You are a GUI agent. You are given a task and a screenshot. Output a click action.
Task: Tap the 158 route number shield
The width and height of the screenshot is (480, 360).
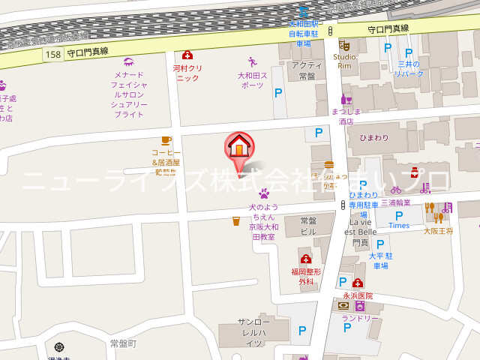click(x=52, y=54)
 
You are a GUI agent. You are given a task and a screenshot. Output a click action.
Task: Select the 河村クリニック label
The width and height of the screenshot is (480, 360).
click(x=187, y=73)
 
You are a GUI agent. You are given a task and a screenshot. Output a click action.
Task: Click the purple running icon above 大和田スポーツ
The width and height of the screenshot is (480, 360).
click(x=252, y=62)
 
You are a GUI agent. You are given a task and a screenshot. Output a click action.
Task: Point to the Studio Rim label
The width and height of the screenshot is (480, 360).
click(x=344, y=61)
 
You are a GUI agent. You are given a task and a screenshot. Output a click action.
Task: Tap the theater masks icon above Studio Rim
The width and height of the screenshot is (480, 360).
click(x=344, y=45)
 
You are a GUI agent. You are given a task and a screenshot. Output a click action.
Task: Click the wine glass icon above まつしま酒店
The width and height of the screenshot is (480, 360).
click(x=346, y=98)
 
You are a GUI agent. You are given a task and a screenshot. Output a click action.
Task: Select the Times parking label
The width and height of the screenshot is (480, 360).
click(x=399, y=225)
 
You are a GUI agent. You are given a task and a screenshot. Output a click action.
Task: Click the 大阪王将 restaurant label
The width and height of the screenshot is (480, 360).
click(x=438, y=231)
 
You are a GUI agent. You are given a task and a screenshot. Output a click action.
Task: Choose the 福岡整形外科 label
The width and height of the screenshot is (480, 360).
click(x=306, y=276)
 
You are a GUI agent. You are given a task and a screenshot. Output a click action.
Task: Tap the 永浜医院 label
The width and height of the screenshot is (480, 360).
click(x=358, y=295)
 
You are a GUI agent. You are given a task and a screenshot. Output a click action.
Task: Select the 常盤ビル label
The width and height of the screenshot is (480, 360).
click(x=308, y=226)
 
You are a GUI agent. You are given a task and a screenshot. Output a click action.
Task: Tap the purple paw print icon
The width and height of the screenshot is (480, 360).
click(x=253, y=193)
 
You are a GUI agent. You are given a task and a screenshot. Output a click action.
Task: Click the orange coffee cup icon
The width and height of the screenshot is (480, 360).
click(x=166, y=139)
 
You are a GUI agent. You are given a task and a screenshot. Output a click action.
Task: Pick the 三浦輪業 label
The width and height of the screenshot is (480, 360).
click(x=395, y=202)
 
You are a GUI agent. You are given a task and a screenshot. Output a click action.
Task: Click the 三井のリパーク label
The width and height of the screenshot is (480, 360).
click(x=409, y=69)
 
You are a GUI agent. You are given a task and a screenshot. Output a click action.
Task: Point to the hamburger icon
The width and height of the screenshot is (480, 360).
click(x=328, y=164)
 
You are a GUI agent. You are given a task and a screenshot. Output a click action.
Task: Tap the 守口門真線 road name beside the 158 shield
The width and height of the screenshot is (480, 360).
click(x=88, y=52)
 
